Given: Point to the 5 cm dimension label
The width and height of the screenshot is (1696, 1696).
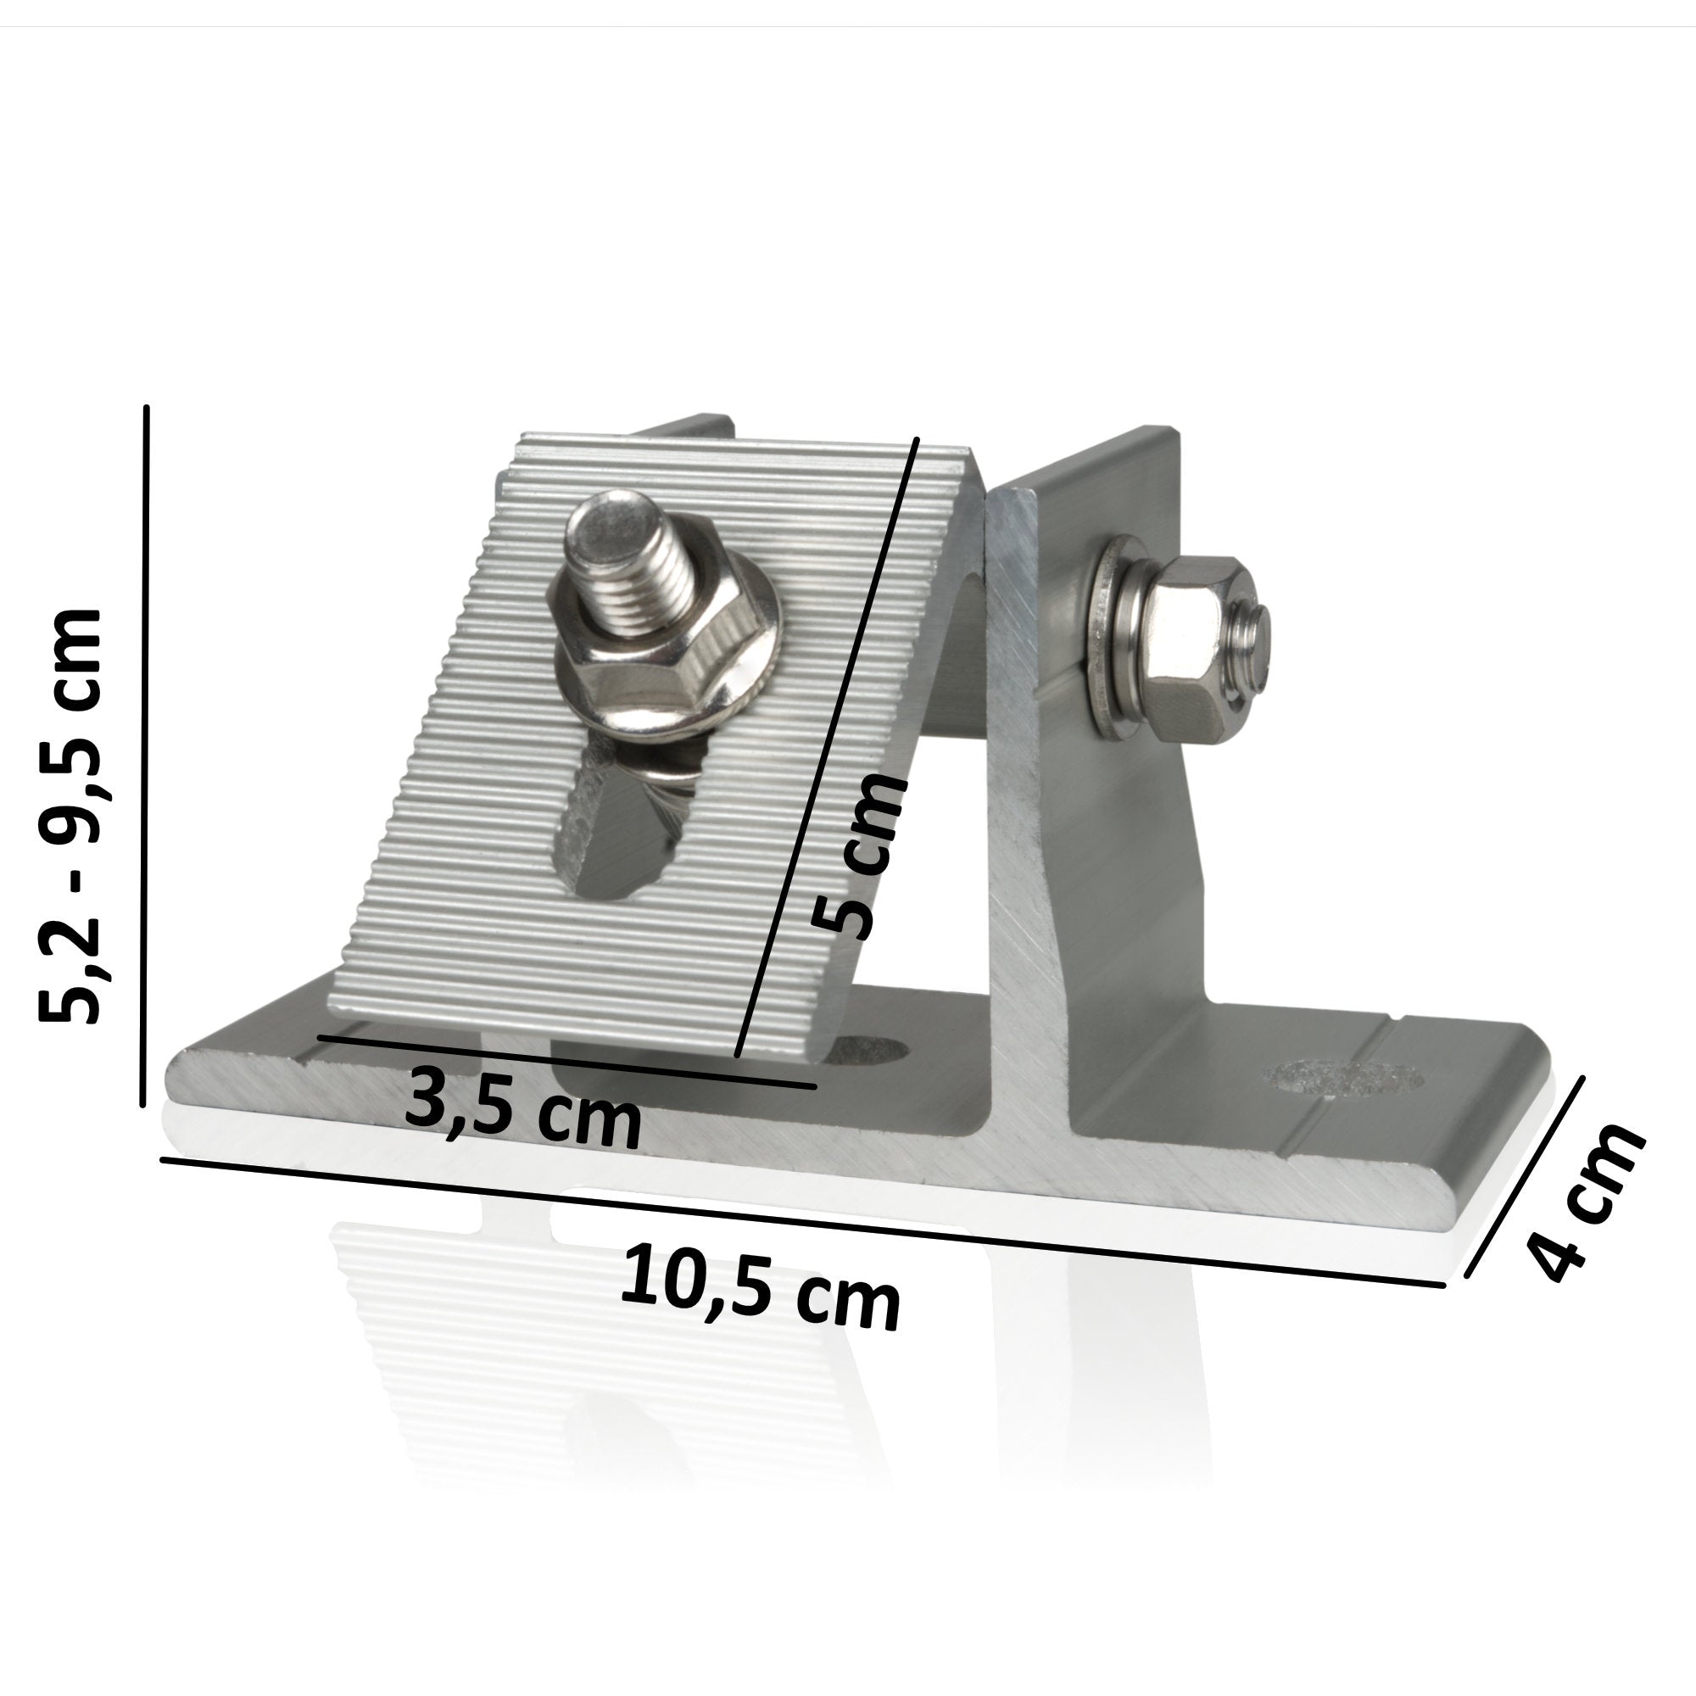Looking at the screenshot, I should (x=858, y=856).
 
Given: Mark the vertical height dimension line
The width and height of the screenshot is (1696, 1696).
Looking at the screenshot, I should (x=145, y=755).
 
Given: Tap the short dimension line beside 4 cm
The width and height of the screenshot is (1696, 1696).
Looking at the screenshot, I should (x=1526, y=1176).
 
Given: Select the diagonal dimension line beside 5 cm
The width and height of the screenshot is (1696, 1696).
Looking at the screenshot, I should (x=825, y=746).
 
